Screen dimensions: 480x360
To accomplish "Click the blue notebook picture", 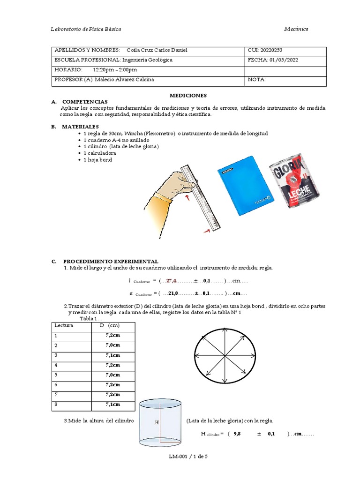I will pyautogui.click(x=244, y=185).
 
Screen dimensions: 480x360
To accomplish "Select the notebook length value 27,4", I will pyautogui.click(x=171, y=281).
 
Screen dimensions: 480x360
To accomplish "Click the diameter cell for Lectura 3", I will pyautogui.click(x=112, y=355).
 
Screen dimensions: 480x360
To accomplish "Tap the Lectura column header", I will pyautogui.click(x=64, y=325).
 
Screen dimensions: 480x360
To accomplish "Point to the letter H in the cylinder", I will pyautogui.click(x=157, y=423).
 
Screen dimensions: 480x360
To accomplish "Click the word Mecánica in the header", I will pyautogui.click(x=296, y=29).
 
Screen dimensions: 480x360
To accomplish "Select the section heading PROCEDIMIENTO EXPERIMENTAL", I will pyautogui.click(x=111, y=261).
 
